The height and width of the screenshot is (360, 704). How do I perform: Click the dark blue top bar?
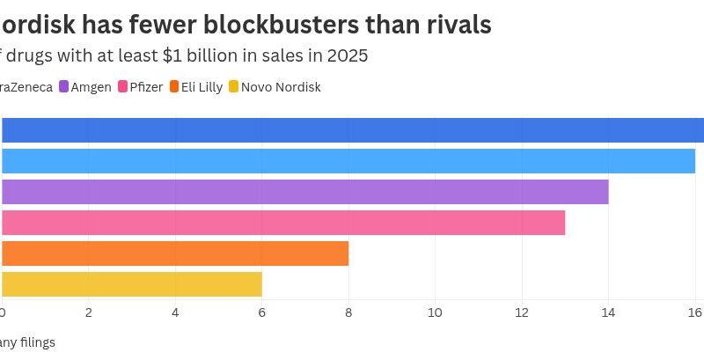click(x=352, y=130)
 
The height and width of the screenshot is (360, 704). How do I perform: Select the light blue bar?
click(x=348, y=161)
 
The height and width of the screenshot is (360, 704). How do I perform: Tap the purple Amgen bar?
click(x=304, y=192)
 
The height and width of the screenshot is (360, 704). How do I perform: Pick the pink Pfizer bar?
click(x=282, y=223)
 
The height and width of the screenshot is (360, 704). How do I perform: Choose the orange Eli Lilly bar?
click(x=175, y=253)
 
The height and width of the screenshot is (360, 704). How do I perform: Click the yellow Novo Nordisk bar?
click(x=132, y=284)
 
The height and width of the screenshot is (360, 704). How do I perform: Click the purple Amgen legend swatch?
click(x=63, y=87)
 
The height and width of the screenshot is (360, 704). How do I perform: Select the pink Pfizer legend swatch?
click(x=122, y=87)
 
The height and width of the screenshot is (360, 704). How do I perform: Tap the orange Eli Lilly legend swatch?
click(x=174, y=87)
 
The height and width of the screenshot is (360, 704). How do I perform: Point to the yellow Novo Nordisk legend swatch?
click(x=233, y=87)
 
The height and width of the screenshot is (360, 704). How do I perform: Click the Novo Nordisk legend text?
click(x=281, y=87)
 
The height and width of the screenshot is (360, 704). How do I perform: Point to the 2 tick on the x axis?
click(x=89, y=312)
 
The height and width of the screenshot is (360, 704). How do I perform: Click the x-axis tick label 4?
click(x=175, y=312)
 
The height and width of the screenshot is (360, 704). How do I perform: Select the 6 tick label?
click(x=262, y=312)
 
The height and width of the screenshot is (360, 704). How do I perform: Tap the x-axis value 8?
click(x=348, y=312)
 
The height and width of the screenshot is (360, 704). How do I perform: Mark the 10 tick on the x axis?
click(x=435, y=312)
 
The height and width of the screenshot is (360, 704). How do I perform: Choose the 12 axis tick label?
click(x=521, y=312)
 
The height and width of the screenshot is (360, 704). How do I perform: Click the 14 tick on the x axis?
click(x=608, y=312)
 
